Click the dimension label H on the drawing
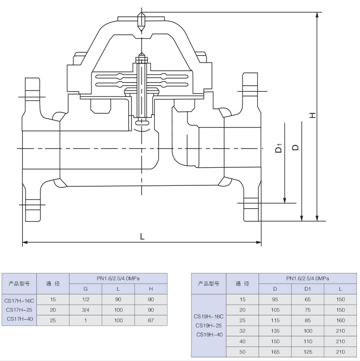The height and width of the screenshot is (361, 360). pos(312,115)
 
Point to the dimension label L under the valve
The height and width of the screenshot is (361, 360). pos(142,236)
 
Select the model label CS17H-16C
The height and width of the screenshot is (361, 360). pos(20,300)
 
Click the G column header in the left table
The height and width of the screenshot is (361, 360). pos(85,289)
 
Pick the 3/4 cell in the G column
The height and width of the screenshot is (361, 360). pos(85,310)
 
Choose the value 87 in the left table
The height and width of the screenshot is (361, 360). pos(151,320)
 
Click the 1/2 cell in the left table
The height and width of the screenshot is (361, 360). pos(85,300)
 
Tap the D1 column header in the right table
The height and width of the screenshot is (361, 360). pos(307,289)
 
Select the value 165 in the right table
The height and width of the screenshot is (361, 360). pos(275,352)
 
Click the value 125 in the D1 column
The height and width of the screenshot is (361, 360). pos(307,352)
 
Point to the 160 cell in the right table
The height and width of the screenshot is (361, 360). pos(340,320)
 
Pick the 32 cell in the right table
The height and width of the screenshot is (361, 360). pos(242,331)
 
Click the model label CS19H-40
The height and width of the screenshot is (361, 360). pos(208,334)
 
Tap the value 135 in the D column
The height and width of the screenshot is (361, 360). pos(275,331)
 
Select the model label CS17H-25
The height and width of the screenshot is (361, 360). pos(19,310)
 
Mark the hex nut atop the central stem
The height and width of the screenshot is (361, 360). pos(141,60)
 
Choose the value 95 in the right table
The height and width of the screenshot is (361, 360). pos(275,300)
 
